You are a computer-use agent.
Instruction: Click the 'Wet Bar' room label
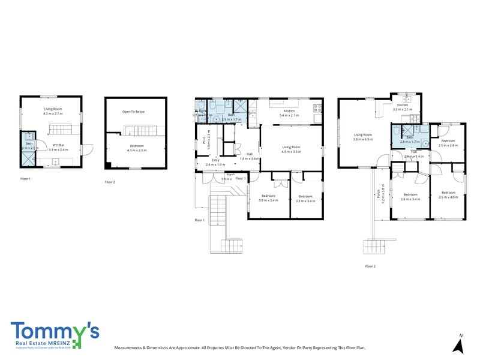click(x=58, y=146)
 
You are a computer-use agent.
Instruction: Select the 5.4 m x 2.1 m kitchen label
click(x=289, y=113)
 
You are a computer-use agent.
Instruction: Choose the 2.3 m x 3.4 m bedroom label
click(x=305, y=199)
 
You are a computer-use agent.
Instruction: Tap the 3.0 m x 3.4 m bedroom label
click(x=268, y=198)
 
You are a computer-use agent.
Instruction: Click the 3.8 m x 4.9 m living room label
click(x=363, y=137)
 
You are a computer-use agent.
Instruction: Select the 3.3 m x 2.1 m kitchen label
click(x=403, y=107)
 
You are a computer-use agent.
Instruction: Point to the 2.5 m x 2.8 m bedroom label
click(x=448, y=143)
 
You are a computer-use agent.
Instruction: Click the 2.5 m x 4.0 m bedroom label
click(x=448, y=195)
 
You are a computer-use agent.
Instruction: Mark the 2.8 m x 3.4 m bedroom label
click(x=411, y=196)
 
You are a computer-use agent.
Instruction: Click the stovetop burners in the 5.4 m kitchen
click(x=318, y=109)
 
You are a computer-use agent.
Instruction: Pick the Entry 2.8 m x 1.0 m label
click(x=215, y=162)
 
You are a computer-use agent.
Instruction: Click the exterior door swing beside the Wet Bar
click(x=87, y=150)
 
